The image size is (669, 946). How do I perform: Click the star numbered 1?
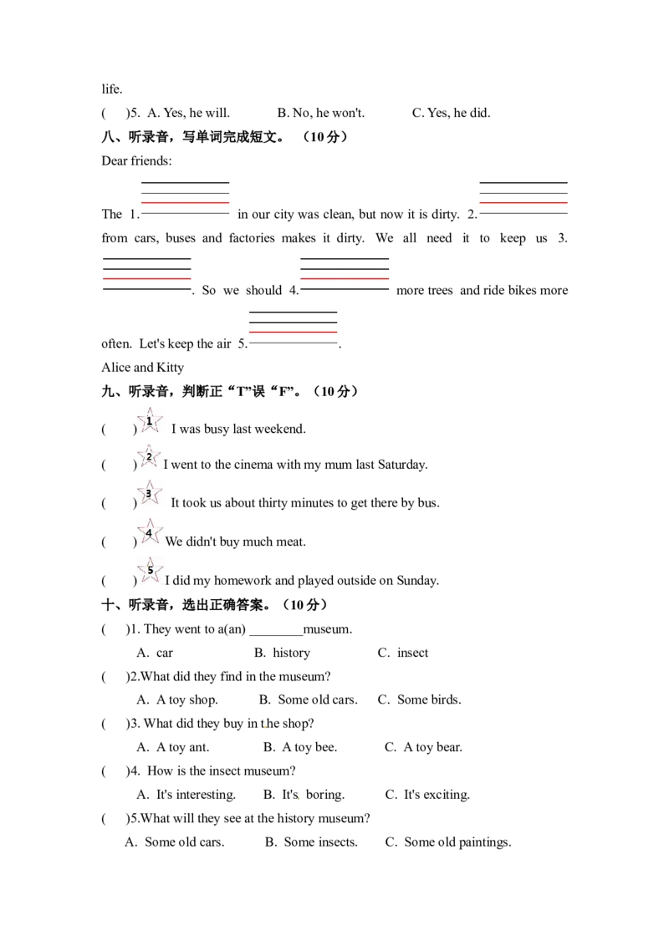(x=149, y=421)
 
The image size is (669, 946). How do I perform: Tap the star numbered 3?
(x=149, y=493)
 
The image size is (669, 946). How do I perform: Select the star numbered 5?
(x=149, y=570)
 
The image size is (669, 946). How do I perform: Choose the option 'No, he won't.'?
(x=329, y=113)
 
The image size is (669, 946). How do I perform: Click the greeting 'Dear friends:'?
(x=136, y=160)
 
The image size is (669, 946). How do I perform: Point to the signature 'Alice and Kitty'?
(x=142, y=368)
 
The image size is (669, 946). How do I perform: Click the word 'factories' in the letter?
(x=264, y=237)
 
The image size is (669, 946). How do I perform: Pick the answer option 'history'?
(x=292, y=653)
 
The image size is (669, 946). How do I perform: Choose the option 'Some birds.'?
(x=429, y=699)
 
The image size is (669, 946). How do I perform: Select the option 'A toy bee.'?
(x=309, y=747)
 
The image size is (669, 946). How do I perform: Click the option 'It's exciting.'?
(x=437, y=795)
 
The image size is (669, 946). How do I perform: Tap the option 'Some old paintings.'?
(x=457, y=842)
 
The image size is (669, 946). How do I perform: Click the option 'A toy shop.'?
(x=187, y=699)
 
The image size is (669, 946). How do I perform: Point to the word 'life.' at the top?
(x=112, y=89)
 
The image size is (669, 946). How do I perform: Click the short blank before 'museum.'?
(x=276, y=634)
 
